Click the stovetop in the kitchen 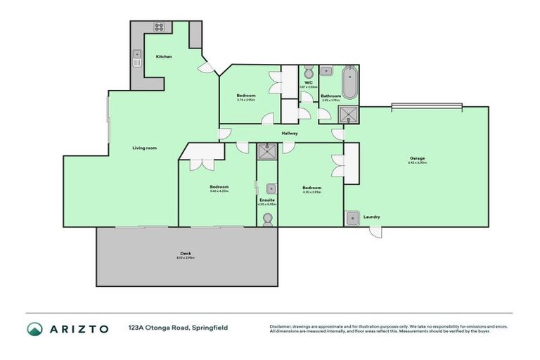coord(158,29)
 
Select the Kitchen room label coord(164,56)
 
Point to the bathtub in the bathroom coord(349,82)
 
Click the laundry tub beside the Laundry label coord(352,217)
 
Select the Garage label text coord(418,158)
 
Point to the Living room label coord(144,148)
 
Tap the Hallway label coord(290,133)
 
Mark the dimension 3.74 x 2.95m coord(245,100)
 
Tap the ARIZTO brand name coord(78,328)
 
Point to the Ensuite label coord(266,200)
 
